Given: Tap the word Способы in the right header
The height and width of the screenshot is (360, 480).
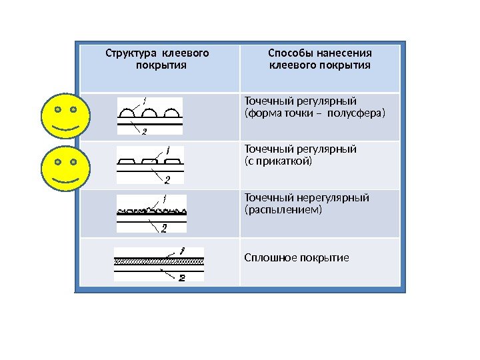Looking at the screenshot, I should (287, 53).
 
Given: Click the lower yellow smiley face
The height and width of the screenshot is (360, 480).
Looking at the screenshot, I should (65, 171).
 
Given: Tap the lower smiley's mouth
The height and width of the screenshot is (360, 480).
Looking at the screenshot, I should (65, 180).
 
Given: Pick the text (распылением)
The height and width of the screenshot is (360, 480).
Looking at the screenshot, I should (283, 209).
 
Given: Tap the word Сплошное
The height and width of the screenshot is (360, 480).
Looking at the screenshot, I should (267, 257).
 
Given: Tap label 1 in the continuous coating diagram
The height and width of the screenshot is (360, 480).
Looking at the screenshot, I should (181, 251).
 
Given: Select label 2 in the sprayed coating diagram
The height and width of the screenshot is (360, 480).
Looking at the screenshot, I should (164, 228).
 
